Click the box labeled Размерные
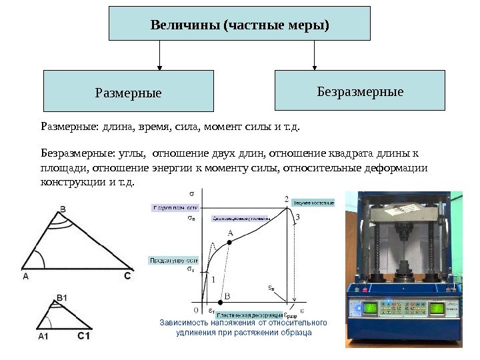[x=128, y=91]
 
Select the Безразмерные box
[x=359, y=90]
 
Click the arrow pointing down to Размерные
[x=159, y=56]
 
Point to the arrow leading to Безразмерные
[x=314, y=56]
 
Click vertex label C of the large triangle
[x=127, y=275]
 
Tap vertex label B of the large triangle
[x=63, y=209]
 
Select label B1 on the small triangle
[x=62, y=297]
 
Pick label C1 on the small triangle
[x=84, y=336]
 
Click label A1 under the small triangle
[x=43, y=337]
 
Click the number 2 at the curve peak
[x=287, y=199]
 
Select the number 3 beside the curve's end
[x=297, y=217]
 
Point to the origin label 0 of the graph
[x=195, y=310]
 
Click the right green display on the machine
[x=438, y=308]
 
